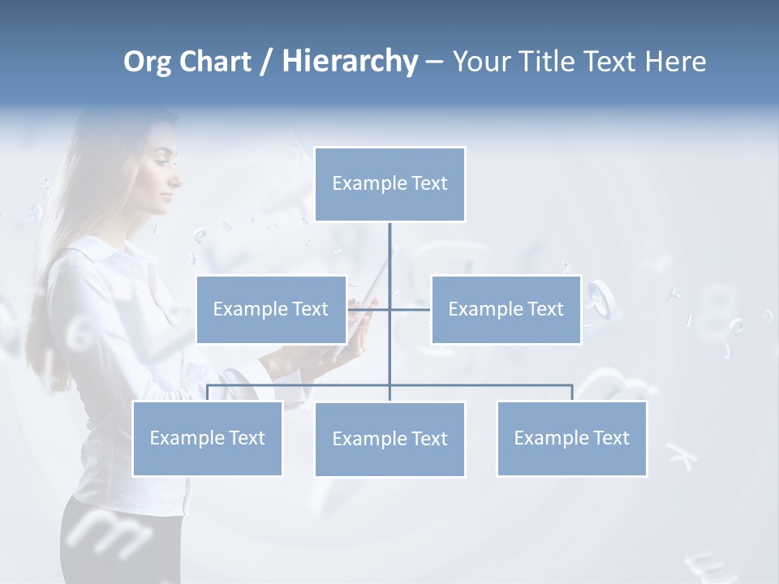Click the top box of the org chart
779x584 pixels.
click(x=389, y=184)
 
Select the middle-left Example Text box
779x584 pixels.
click(x=271, y=309)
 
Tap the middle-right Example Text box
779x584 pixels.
click(x=506, y=309)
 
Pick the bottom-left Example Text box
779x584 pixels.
click(x=207, y=438)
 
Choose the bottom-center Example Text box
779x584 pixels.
click(x=389, y=439)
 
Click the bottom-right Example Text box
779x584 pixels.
click(x=571, y=438)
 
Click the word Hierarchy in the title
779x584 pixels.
click(x=350, y=61)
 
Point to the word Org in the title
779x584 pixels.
click(x=147, y=61)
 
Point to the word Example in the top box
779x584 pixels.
click(x=369, y=184)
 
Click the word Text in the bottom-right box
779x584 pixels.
click(x=610, y=438)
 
